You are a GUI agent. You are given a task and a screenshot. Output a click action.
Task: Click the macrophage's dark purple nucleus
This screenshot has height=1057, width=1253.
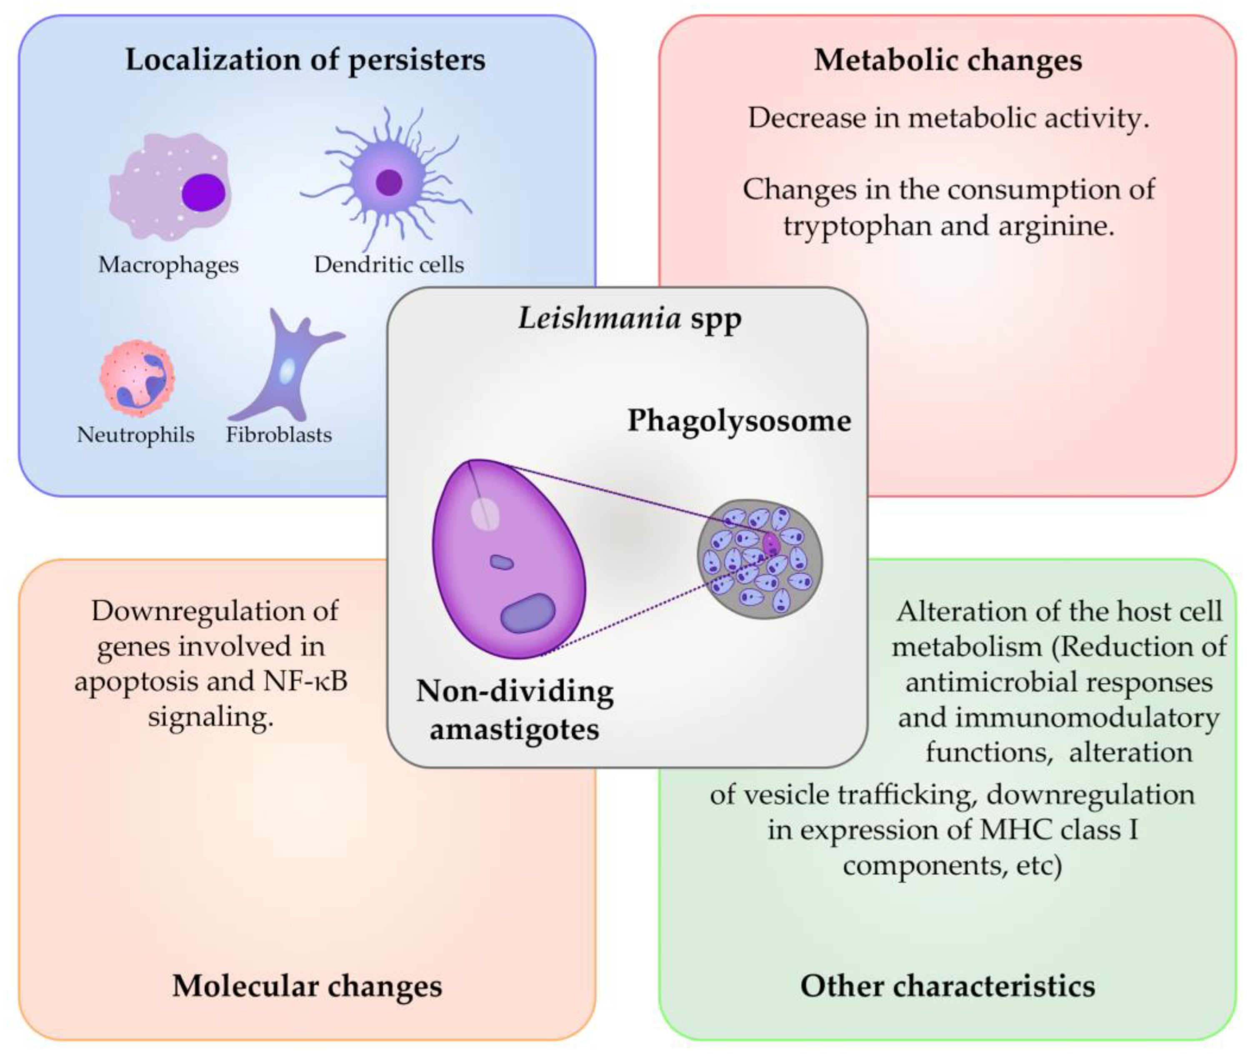point(204,192)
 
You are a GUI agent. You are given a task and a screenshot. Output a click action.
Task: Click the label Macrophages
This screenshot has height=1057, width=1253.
point(168,265)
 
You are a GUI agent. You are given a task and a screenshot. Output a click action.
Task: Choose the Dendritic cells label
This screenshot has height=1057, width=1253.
point(389,264)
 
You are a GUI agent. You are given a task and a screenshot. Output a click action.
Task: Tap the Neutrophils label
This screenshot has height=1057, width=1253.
point(135,434)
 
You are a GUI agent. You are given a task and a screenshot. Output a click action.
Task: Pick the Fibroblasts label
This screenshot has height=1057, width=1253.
point(278,434)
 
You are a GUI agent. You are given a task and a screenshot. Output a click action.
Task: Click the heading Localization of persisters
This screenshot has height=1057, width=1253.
point(305,60)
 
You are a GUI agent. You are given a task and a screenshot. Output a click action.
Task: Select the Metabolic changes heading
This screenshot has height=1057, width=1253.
point(948,60)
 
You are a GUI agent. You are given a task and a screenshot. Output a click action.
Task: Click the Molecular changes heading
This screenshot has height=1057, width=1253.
point(307,986)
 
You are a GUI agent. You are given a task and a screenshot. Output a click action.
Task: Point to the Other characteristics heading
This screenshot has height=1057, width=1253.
point(948,986)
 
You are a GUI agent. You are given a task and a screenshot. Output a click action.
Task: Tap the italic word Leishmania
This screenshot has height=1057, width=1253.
point(599,318)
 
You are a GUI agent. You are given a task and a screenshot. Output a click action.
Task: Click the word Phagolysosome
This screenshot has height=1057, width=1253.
point(739,421)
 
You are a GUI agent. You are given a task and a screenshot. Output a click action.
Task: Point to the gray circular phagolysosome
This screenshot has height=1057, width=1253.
point(760,559)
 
